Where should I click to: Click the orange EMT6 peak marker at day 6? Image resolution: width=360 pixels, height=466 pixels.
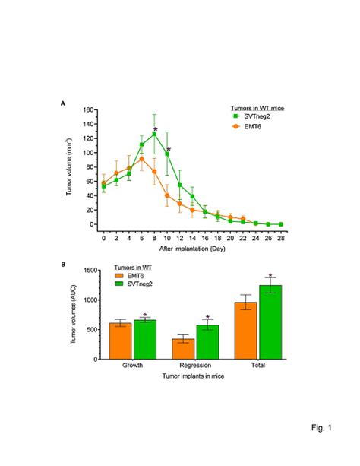click(141, 159)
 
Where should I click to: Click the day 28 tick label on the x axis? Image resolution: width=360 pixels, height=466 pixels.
click(281, 238)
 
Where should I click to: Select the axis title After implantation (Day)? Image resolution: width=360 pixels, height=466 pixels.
click(191, 249)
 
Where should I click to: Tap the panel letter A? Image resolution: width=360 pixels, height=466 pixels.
click(63, 102)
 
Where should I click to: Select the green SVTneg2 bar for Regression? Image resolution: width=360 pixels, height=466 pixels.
click(207, 342)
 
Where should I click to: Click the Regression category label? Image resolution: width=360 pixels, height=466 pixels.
click(195, 366)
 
